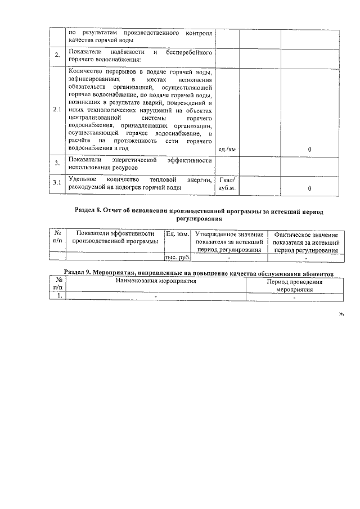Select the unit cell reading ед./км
227,149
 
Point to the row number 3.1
56,183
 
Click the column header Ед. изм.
178,233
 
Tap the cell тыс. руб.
178,258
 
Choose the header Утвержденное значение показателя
229,242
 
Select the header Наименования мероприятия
155,281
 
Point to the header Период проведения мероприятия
294,285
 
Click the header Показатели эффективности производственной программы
115,237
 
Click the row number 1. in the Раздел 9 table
57,296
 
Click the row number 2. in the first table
57,55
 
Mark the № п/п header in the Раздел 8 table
57,237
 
